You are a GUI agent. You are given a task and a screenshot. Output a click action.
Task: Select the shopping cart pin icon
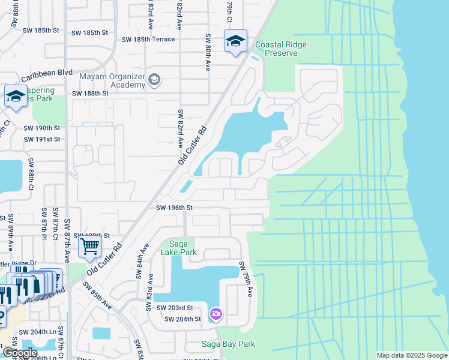pos(89,245)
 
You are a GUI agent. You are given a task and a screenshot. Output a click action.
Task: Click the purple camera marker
pos(216,314)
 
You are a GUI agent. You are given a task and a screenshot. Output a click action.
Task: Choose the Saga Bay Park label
pos(228,344)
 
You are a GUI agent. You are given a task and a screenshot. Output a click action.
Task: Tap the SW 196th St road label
pos(174,208)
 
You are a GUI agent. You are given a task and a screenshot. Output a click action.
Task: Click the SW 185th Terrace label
pos(148,40)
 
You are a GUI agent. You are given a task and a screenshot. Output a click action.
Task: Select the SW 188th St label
pos(90,94)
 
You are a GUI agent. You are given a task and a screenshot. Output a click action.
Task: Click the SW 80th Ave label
pos(207,52)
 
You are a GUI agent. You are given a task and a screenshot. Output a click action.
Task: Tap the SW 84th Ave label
pos(143,261)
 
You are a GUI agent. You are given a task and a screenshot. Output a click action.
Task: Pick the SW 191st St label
pos(42,139)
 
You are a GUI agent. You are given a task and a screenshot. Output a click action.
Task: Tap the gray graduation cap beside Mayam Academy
pos(154,79)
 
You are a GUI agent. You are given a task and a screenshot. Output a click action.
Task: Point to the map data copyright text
pos(411,355)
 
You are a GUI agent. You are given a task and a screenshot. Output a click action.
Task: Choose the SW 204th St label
pos(184,319)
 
